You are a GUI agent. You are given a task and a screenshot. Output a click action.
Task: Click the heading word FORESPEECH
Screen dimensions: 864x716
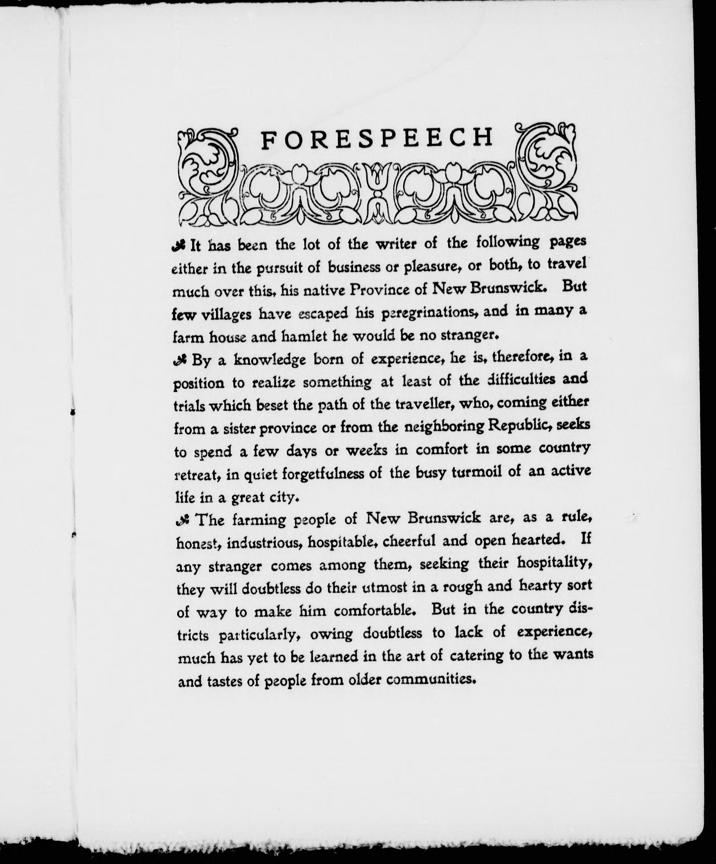coord(377,139)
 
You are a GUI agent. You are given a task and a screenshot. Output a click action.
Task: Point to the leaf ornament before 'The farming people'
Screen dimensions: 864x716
coord(182,521)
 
